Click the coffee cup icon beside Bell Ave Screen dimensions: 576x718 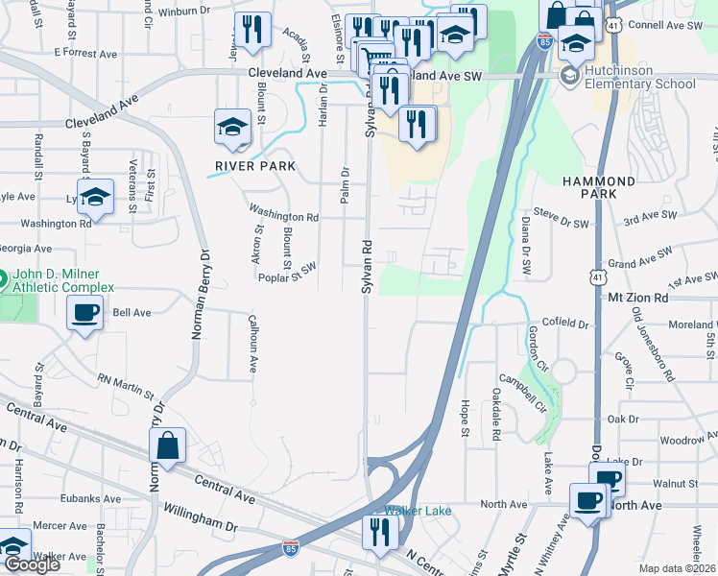pyautogui.click(x=85, y=312)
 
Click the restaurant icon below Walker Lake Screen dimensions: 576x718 pyautogui.click(x=381, y=531)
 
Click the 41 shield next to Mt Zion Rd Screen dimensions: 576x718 pyautogui.click(x=597, y=276)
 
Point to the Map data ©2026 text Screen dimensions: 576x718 pyautogui.click(x=677, y=568)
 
